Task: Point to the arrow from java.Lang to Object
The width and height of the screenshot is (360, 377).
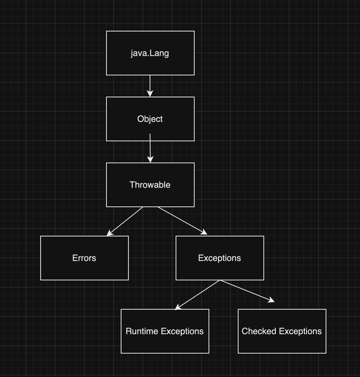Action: tap(150, 86)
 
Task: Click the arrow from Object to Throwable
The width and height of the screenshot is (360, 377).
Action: tap(150, 148)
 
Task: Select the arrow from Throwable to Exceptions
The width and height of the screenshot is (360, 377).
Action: tap(182, 220)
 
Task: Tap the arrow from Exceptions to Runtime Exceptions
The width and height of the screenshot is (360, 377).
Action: tap(198, 295)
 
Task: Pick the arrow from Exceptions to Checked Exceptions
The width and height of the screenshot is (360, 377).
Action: tap(247, 291)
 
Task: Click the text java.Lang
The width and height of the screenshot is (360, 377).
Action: tap(150, 53)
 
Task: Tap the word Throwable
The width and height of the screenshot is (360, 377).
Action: tap(150, 185)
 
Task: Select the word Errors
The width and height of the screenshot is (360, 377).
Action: tap(84, 258)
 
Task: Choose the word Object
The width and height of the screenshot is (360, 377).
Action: tap(150, 119)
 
